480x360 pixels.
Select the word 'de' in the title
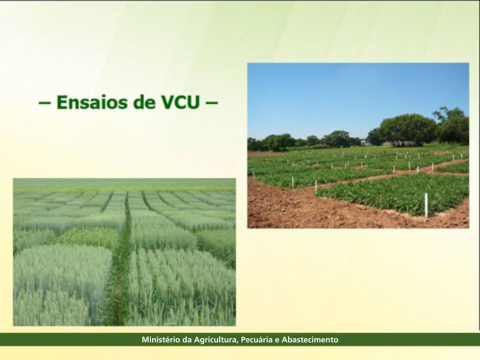[x=144, y=102]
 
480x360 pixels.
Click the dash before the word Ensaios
[x=44, y=102]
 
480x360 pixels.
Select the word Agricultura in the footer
[x=216, y=340]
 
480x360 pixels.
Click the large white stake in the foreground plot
[x=426, y=205]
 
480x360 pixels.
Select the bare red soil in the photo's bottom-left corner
[x=269, y=211]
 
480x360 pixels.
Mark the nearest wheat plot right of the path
[x=182, y=288]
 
